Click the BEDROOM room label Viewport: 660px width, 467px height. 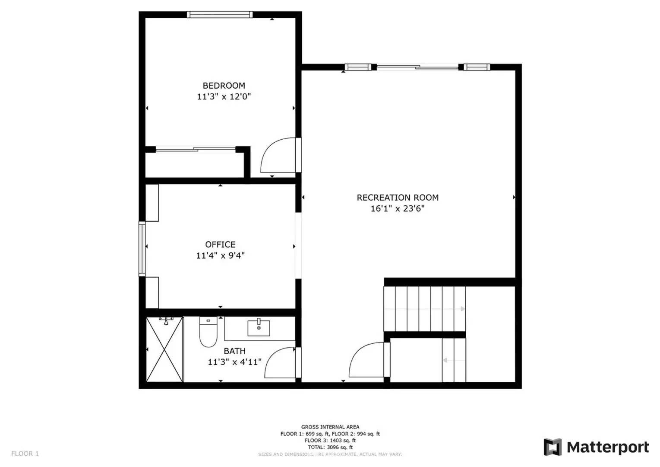click(x=224, y=86)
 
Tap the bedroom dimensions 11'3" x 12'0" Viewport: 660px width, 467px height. click(x=224, y=96)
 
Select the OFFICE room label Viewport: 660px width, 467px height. click(x=220, y=244)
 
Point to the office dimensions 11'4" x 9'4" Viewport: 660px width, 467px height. click(x=220, y=256)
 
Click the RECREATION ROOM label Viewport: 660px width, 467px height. click(x=397, y=198)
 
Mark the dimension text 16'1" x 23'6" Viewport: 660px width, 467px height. click(x=397, y=208)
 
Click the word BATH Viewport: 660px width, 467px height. click(x=234, y=351)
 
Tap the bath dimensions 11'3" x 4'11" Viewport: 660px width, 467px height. click(x=234, y=362)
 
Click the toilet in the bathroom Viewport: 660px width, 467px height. click(x=208, y=332)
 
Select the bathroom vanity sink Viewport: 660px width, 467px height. click(x=259, y=328)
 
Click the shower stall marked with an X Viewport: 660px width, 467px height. click(x=164, y=349)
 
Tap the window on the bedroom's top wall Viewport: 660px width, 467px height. click(x=220, y=15)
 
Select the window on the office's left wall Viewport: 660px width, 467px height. click(x=142, y=249)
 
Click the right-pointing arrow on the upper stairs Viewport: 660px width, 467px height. click(x=462, y=309)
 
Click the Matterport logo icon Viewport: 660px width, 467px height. click(x=553, y=447)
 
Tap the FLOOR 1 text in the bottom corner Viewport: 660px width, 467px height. click(x=25, y=454)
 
